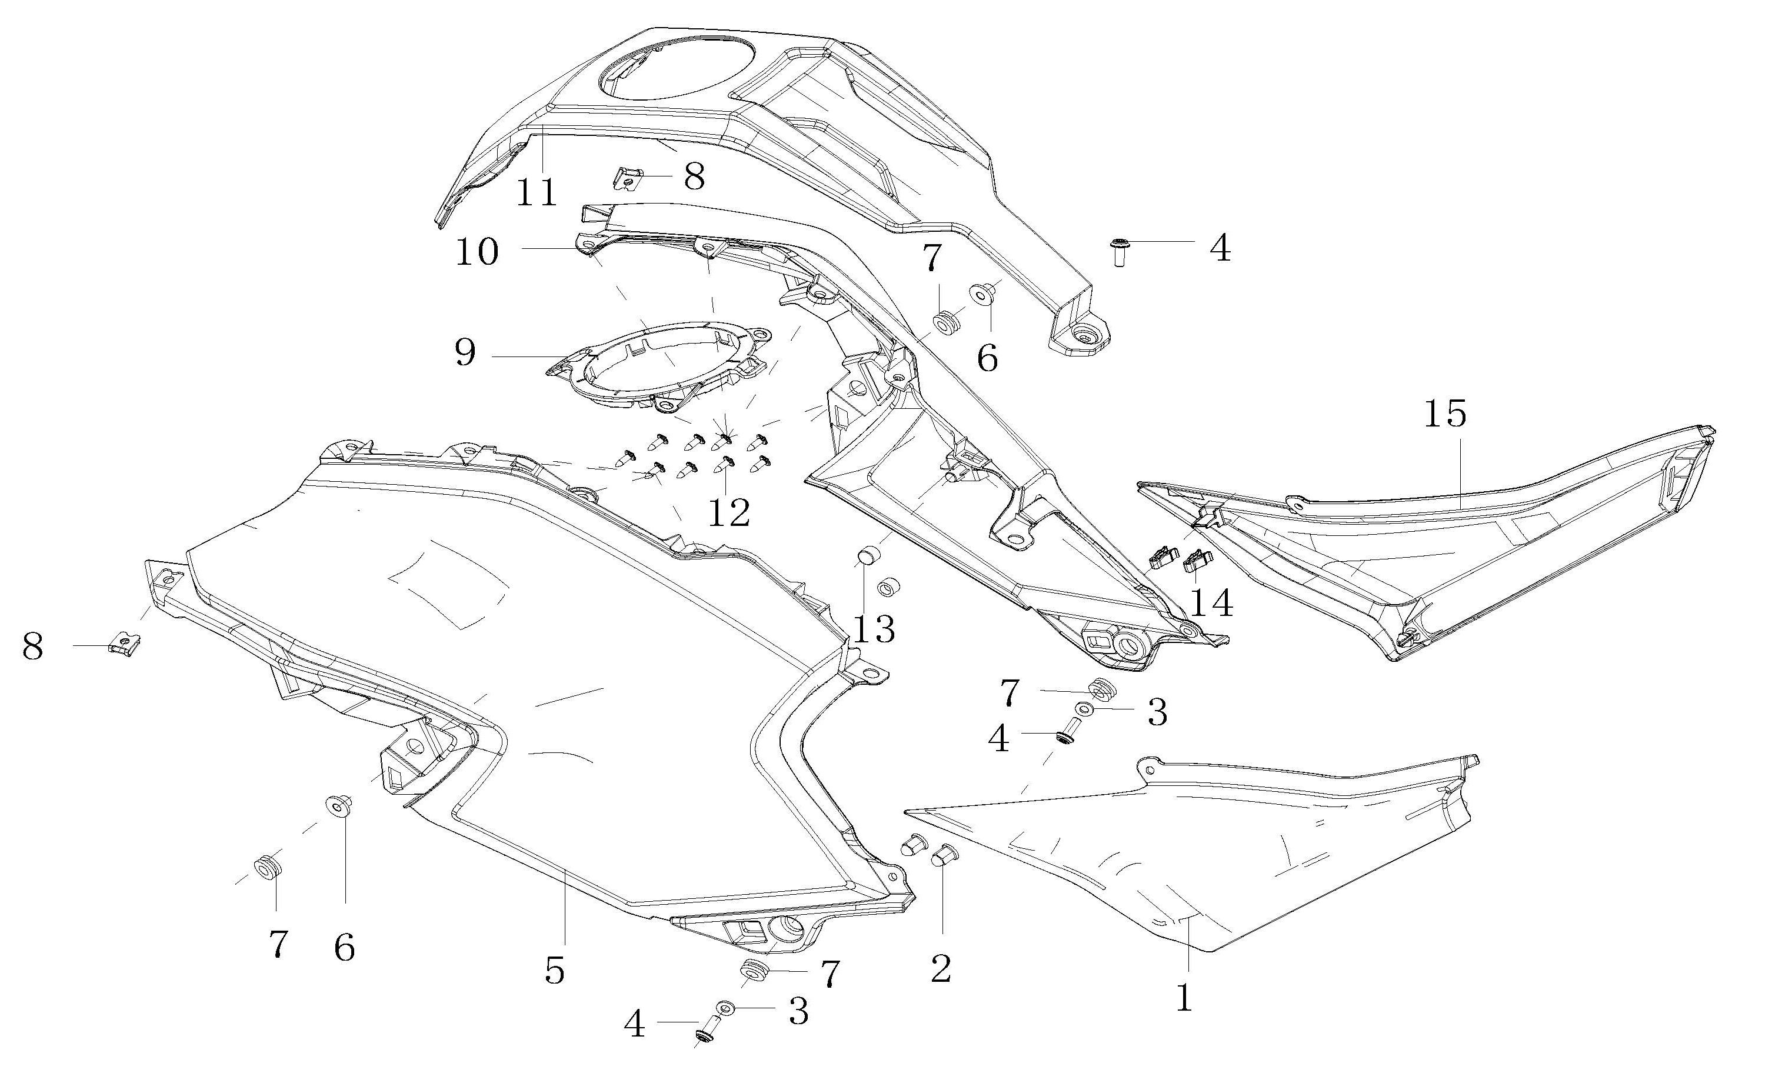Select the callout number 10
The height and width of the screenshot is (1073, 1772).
tap(477, 252)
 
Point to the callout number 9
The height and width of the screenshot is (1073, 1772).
tap(465, 352)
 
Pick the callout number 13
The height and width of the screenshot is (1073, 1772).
tap(874, 629)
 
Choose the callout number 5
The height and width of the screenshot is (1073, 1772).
tap(554, 970)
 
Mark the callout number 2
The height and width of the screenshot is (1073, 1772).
tap(941, 968)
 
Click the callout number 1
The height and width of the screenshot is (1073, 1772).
tap(1184, 998)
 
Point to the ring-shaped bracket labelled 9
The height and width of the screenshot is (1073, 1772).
tap(662, 366)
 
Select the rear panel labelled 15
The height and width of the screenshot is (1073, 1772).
tap(1438, 547)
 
